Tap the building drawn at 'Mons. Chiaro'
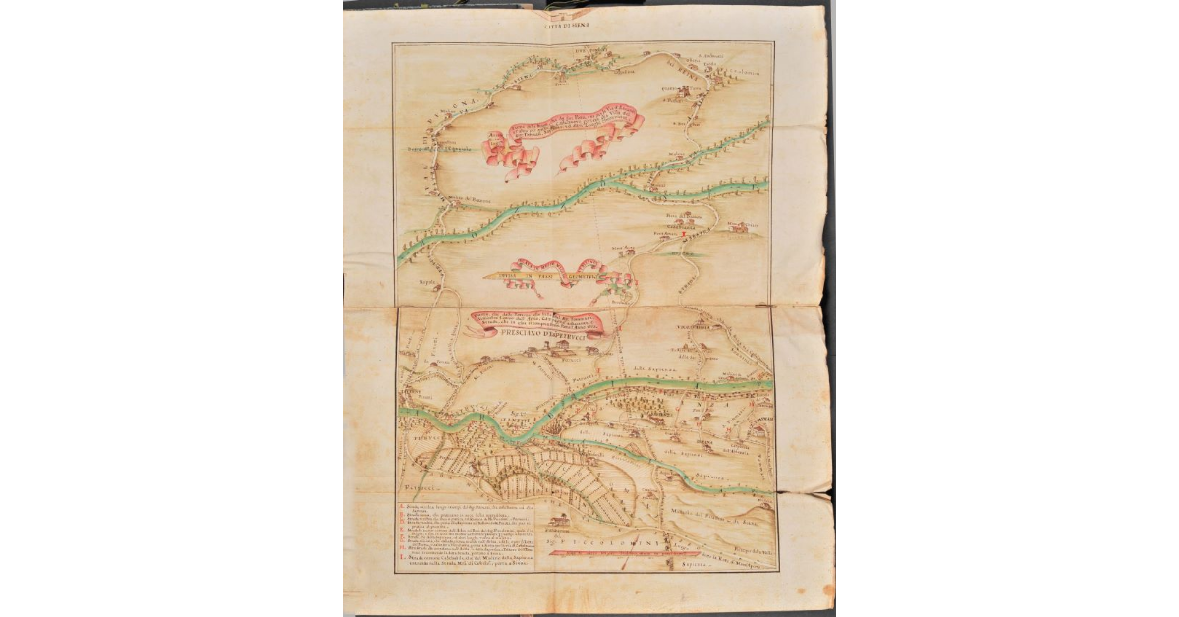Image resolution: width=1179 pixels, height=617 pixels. tap(743, 228)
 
